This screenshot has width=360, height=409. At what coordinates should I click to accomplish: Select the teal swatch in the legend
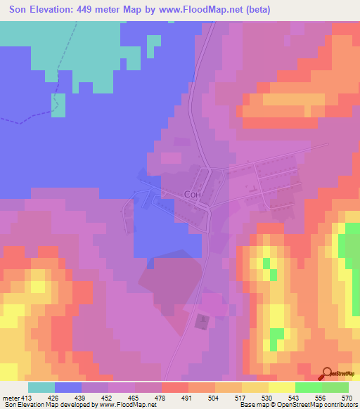(x=41, y=387)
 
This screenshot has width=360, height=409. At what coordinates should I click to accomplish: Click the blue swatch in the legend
(x=68, y=387)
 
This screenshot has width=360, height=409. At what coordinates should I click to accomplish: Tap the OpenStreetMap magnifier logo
(x=327, y=372)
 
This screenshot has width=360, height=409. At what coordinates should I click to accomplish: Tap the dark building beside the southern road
(x=202, y=320)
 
